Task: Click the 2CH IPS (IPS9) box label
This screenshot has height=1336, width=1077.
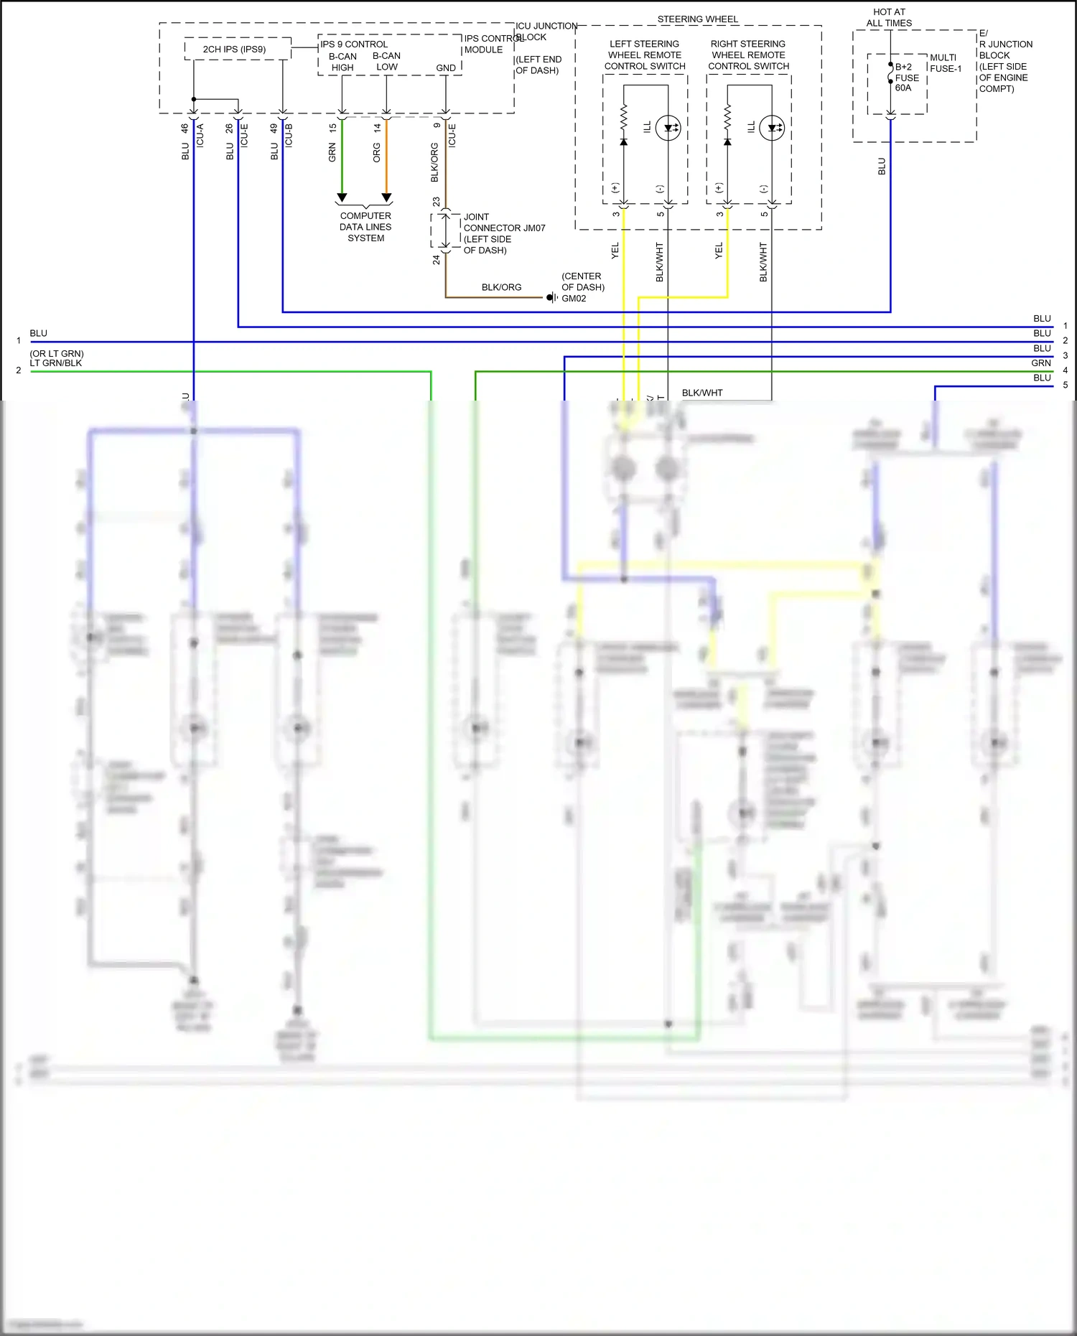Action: (x=234, y=50)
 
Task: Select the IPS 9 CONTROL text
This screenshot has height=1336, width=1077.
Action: (x=354, y=45)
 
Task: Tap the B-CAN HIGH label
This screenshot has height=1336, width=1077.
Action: (x=342, y=62)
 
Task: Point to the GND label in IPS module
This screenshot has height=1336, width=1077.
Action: (x=446, y=68)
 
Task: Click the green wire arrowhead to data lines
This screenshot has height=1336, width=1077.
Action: (x=342, y=197)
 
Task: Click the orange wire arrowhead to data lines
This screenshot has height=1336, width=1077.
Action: (x=386, y=197)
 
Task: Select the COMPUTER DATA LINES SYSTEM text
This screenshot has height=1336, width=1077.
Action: (x=365, y=227)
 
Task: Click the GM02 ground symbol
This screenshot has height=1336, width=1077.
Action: (x=551, y=297)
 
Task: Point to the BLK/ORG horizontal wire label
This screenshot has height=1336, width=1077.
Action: (x=501, y=287)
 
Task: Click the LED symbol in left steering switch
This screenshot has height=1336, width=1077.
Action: (x=668, y=129)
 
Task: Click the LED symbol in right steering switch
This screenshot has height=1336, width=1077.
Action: (x=772, y=129)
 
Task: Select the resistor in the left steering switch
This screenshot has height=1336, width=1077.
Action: (x=623, y=116)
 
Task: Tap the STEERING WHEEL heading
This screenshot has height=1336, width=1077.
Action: (x=697, y=19)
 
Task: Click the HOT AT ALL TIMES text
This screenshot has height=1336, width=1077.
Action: (x=889, y=17)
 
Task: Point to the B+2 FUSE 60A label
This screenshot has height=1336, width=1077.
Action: (x=906, y=78)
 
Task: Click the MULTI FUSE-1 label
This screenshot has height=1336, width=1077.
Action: (x=945, y=63)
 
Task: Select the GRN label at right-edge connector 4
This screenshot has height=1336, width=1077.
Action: (x=1040, y=363)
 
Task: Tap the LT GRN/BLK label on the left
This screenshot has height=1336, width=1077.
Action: (x=56, y=363)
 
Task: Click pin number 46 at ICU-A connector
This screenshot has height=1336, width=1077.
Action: (x=185, y=129)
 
